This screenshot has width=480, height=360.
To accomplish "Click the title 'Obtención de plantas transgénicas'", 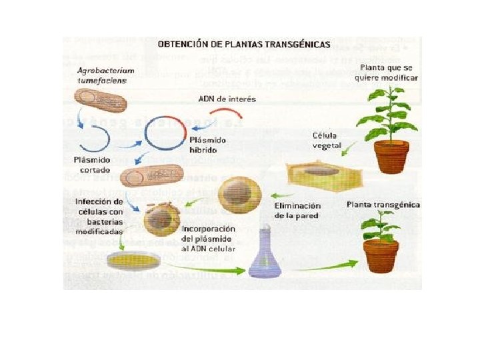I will click(x=243, y=44).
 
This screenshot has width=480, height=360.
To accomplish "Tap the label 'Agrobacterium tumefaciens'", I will click(x=105, y=75).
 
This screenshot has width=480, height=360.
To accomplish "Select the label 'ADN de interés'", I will click(x=227, y=99).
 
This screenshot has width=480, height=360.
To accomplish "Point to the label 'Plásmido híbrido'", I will click(x=208, y=146).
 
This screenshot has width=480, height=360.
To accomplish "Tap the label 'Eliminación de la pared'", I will click(x=297, y=211).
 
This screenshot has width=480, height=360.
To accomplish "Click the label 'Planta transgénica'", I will click(x=383, y=204).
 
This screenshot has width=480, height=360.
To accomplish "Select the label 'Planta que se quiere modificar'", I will click(x=389, y=73).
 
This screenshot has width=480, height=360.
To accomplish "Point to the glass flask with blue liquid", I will click(x=263, y=256).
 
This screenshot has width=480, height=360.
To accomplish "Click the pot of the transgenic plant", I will click(x=381, y=255).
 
